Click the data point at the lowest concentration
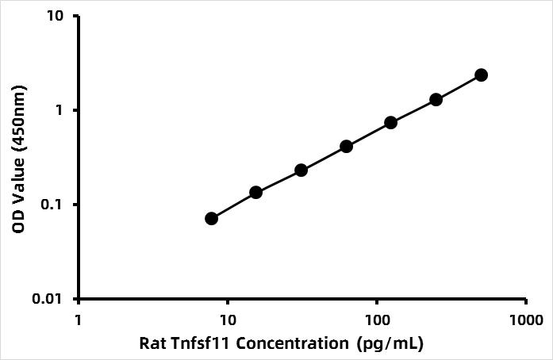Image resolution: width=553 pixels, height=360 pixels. (211, 219)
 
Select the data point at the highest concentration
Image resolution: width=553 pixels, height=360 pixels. (481, 75)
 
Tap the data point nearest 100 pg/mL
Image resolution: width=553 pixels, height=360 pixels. (391, 123)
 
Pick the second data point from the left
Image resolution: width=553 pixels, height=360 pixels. (255, 192)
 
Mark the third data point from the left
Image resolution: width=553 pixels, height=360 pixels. (301, 170)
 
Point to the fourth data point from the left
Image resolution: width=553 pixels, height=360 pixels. (347, 146)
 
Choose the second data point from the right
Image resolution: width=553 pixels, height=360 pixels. (436, 100)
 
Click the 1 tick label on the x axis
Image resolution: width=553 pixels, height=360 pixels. (78, 320)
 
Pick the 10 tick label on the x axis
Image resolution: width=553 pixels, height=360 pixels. (228, 320)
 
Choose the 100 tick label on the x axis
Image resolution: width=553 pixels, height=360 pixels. (378, 320)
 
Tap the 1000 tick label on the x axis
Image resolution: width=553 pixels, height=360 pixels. (527, 320)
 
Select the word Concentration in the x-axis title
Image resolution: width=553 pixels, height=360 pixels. (292, 343)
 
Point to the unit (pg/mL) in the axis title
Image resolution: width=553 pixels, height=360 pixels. (390, 344)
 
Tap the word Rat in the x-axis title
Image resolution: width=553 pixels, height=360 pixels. (153, 343)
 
